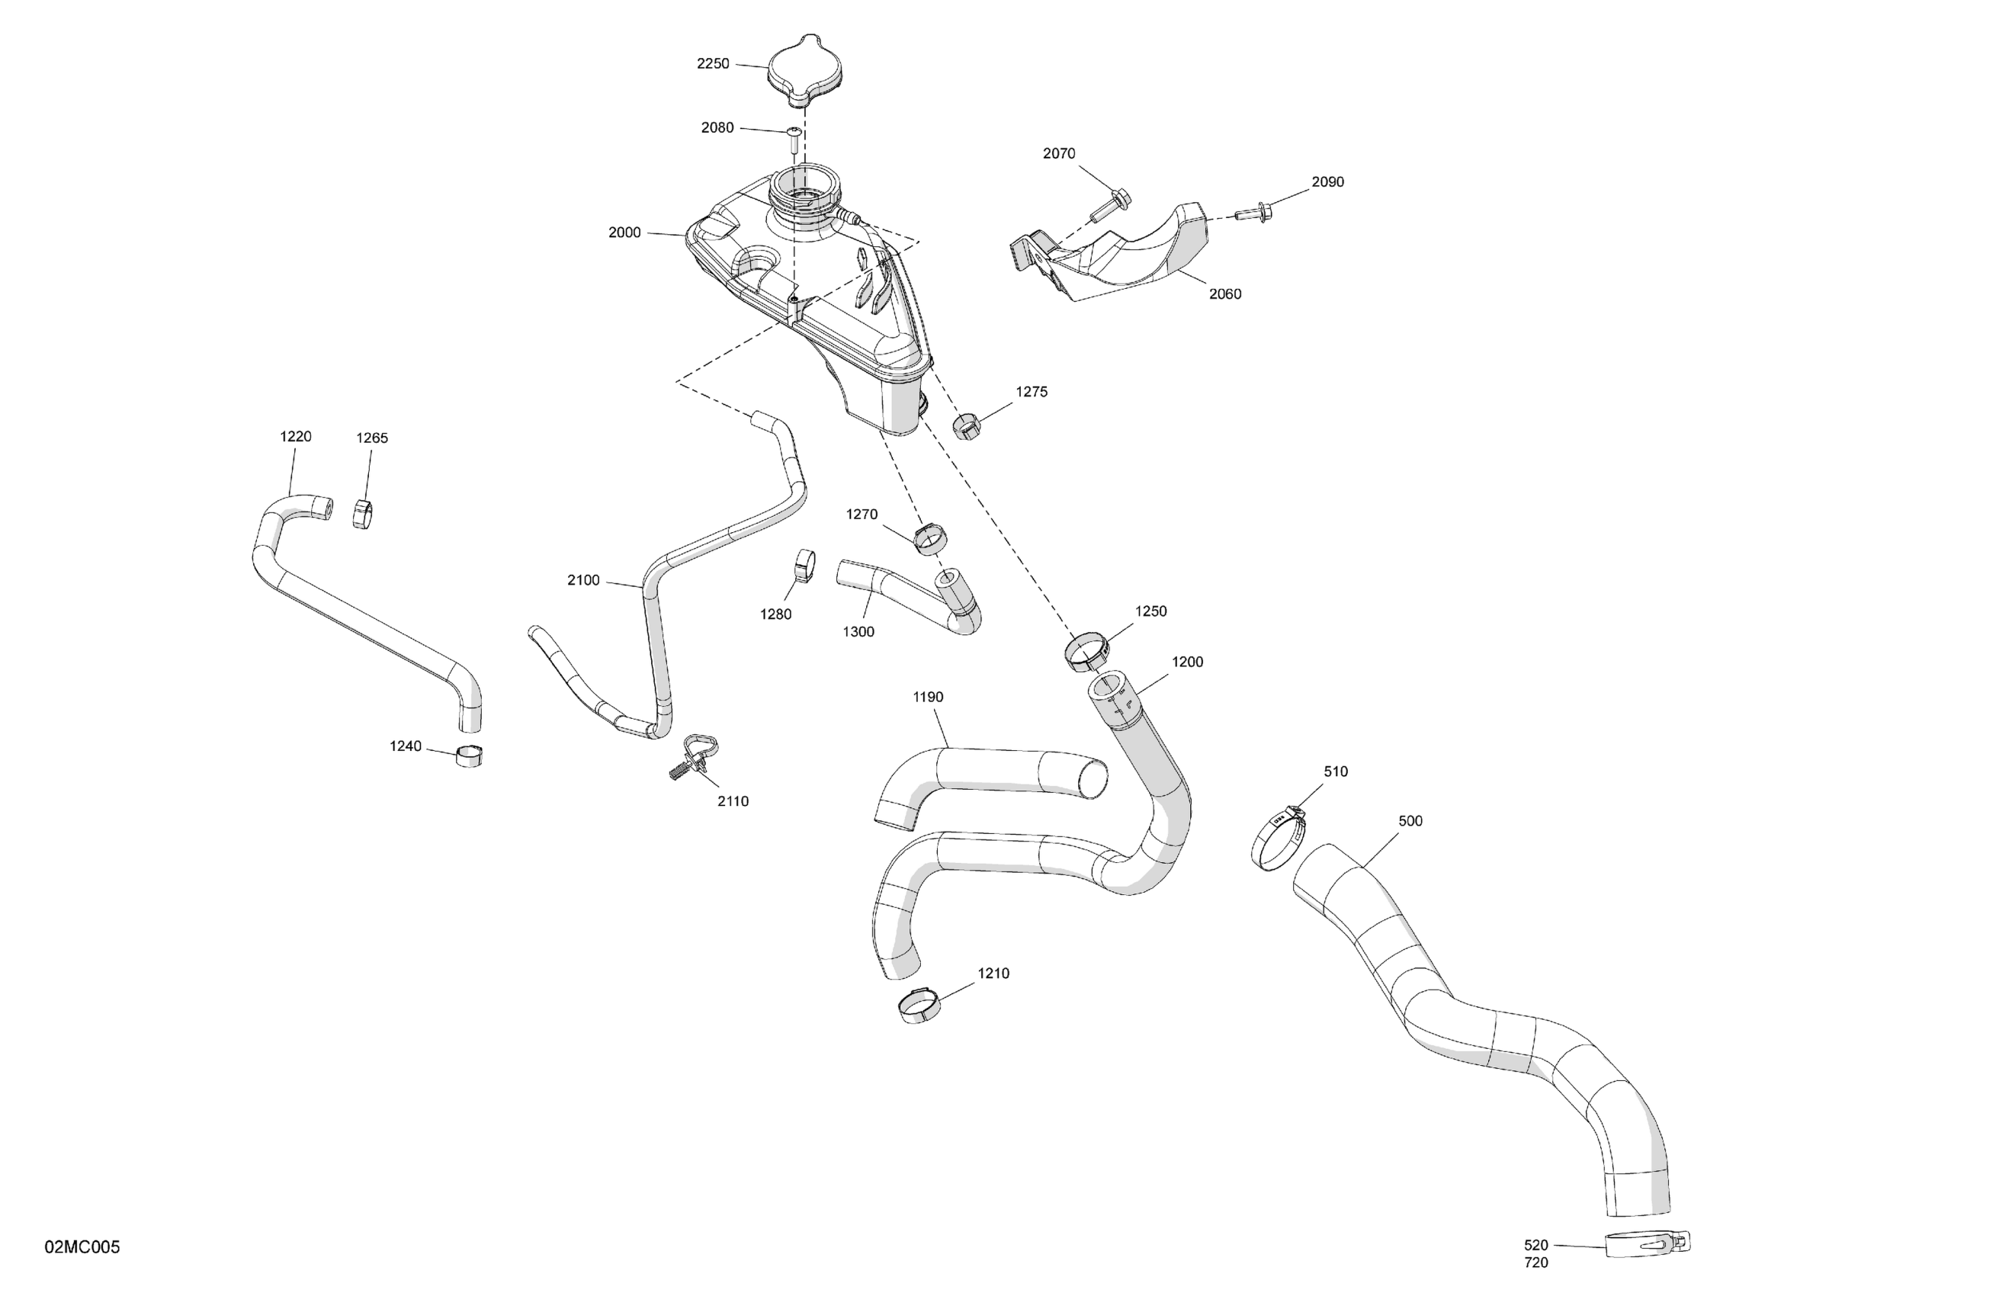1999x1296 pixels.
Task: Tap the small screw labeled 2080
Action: pos(794,140)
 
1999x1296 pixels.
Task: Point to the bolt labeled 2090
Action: pos(1255,211)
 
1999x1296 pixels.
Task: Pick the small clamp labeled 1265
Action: pos(364,514)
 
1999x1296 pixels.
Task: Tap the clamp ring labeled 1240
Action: pos(469,756)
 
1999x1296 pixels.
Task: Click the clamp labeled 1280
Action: pos(807,565)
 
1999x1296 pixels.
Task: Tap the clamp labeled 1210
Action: pos(919,1005)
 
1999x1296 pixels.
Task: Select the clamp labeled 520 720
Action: pos(1647,1243)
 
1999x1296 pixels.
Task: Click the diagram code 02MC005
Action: pos(82,1247)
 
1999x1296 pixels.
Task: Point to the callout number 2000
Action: pos(624,233)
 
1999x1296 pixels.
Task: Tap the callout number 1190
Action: pos(927,697)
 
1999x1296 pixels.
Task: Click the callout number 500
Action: pos(1410,820)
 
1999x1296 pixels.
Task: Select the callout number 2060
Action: pos(1224,294)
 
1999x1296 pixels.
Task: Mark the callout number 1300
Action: pos(858,632)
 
